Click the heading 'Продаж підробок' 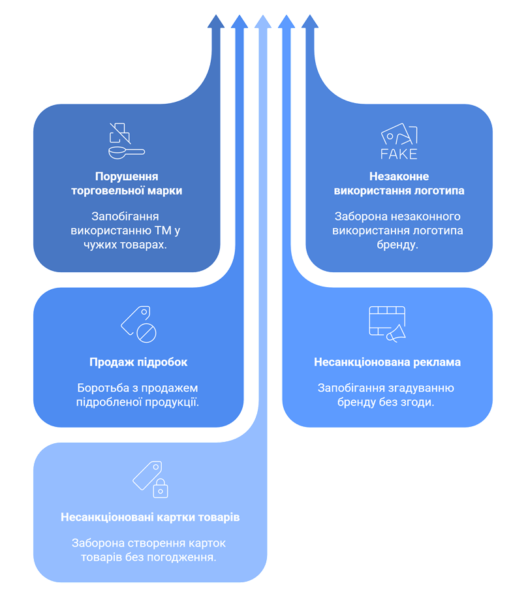tap(138, 362)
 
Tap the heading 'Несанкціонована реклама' tap(387, 362)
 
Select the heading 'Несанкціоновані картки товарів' tap(150, 517)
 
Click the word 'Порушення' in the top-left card tap(127, 177)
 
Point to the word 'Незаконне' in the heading tap(399, 176)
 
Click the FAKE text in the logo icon tap(399, 154)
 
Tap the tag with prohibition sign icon tap(139, 324)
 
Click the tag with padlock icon tap(150, 479)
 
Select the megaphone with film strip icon tap(387, 324)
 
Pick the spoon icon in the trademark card tap(127, 152)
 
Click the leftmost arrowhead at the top tap(216, 22)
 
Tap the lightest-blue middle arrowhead tap(263, 22)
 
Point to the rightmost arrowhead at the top tap(310, 22)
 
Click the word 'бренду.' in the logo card tap(397, 245)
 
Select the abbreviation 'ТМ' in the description tap(163, 230)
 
